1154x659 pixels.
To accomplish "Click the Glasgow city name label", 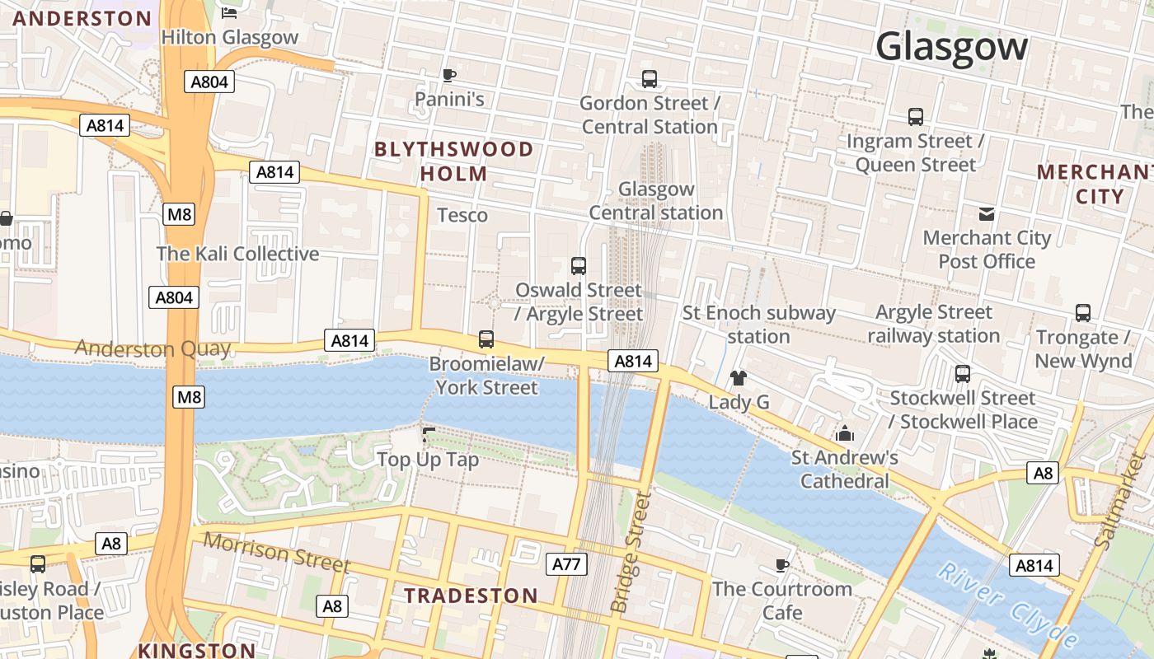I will (951, 47).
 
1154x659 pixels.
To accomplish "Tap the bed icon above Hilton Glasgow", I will (229, 12).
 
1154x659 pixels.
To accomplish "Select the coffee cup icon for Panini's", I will (448, 76).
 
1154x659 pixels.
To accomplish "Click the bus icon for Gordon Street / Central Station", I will (650, 79).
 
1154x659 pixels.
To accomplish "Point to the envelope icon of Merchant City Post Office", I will (987, 214).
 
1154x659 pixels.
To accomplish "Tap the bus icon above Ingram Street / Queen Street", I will (915, 117).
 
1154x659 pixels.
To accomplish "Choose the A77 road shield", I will (566, 564).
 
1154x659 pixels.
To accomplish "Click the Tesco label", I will (462, 215).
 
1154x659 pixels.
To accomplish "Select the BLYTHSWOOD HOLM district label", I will (454, 161).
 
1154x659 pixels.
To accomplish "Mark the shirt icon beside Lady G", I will (739, 378).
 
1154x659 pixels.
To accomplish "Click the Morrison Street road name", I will (276, 552).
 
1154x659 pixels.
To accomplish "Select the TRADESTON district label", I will (471, 596).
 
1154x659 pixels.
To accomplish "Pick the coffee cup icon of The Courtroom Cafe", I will (781, 565).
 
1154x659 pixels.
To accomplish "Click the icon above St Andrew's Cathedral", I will (844, 433).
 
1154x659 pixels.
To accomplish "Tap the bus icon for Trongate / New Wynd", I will (1083, 313).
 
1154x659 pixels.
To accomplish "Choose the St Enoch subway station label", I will (758, 325).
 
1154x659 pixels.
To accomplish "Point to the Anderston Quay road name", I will (152, 348).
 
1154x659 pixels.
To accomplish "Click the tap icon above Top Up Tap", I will (428, 434).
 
